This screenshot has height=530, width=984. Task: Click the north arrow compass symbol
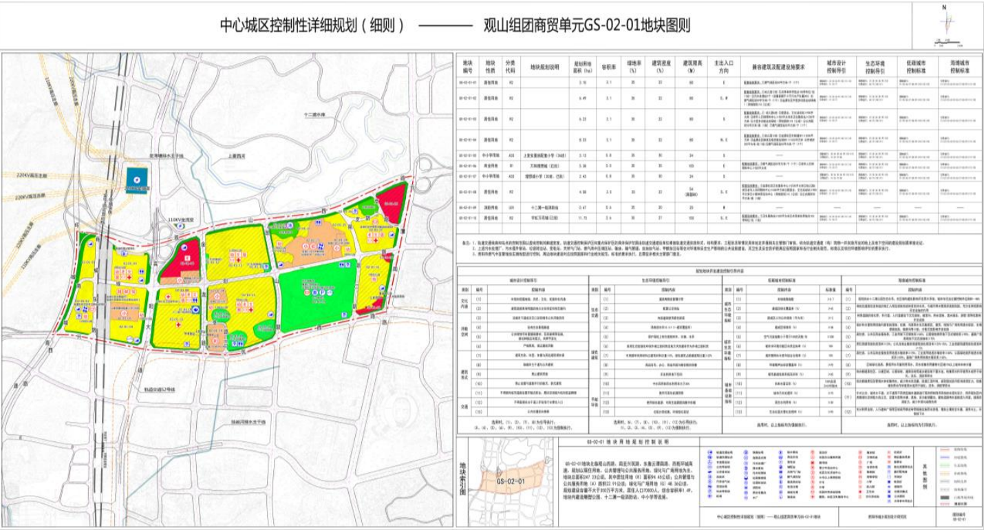pos(947,25)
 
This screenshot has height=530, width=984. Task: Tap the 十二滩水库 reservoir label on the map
pos(317,114)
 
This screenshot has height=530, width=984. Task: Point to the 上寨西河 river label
pos(235,156)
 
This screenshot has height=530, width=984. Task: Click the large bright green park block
pos(317,295)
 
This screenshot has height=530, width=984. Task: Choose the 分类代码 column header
pos(510,66)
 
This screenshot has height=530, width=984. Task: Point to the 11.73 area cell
pos(583,220)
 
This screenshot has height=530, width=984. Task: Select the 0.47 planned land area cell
pos(583,206)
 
